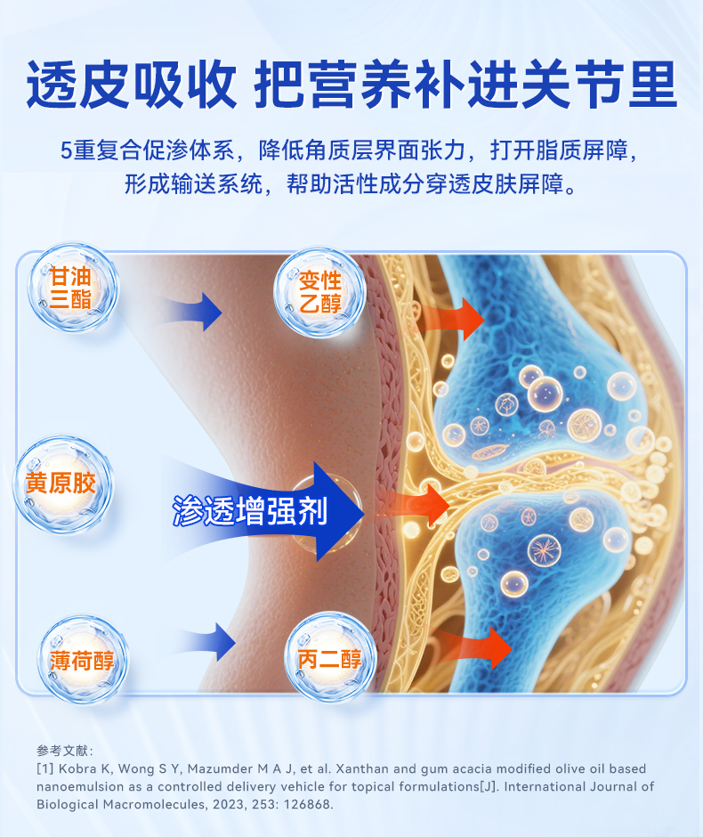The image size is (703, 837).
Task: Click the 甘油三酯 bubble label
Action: pos(71,288)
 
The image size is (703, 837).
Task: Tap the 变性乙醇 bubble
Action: pos(319,292)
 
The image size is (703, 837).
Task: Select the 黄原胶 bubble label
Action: pos(61,484)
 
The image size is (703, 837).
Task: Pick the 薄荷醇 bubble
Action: pos(83,661)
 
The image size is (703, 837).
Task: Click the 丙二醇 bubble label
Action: pos(329,660)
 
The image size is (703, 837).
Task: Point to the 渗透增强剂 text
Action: pos(250,511)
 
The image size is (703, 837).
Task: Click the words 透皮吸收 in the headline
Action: pos(132,85)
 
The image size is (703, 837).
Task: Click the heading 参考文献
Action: pos(65,750)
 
